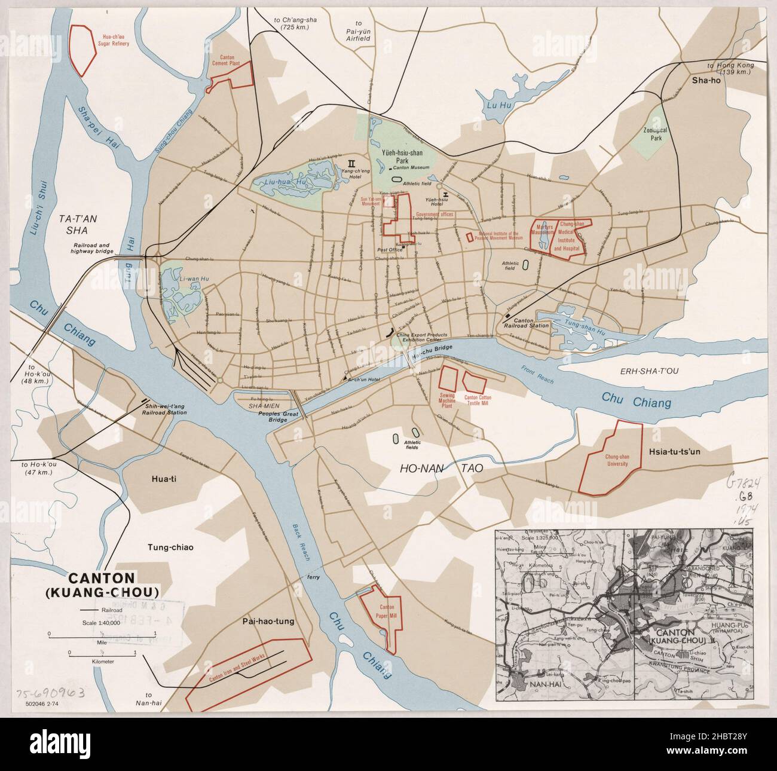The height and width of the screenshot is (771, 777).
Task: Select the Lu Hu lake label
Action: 491,106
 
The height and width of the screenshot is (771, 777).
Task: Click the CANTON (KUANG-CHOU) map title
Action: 112,585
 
